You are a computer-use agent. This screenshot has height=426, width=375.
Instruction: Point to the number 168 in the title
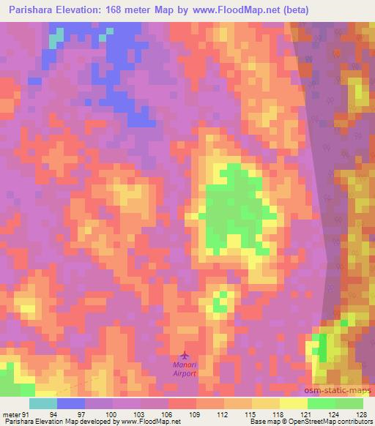pos(115,10)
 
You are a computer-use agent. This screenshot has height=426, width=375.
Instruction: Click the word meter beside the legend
pos(10,414)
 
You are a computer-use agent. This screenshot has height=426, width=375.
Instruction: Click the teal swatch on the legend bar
pos(43,403)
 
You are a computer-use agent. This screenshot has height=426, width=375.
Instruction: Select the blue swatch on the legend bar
pos(71,403)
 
